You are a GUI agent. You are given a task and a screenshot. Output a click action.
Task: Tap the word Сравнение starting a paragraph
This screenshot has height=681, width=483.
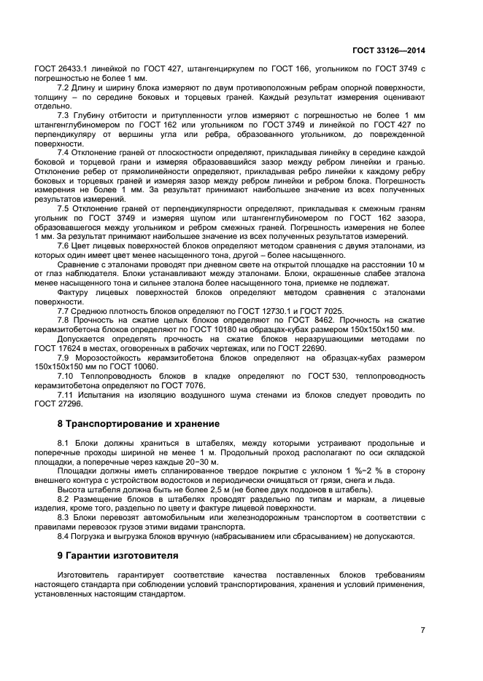coord(80,265)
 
